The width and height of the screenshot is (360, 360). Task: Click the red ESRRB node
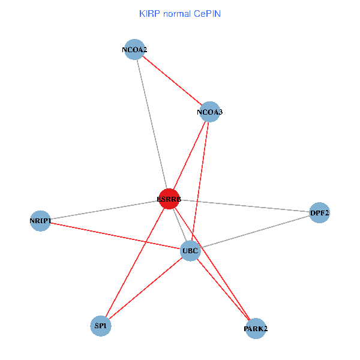[x=169, y=199]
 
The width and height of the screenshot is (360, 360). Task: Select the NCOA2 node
[x=134, y=50]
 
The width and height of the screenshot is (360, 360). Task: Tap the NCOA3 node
[x=209, y=112]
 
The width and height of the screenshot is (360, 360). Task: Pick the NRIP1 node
[x=40, y=221]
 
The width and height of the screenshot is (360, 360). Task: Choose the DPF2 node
[x=319, y=212]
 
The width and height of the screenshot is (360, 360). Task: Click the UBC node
[x=190, y=250]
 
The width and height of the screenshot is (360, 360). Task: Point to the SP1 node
[x=100, y=326]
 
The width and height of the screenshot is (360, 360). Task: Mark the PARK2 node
[x=256, y=328]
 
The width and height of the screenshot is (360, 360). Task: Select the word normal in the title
[x=178, y=13]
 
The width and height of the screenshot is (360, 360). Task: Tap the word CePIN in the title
[x=207, y=13]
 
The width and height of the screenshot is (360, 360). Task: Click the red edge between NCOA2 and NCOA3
[x=172, y=81]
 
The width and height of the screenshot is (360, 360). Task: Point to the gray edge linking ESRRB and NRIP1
[x=104, y=210]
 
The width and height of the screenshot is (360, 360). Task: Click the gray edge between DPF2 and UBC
[x=255, y=231]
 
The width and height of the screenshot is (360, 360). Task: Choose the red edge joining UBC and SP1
[x=145, y=288]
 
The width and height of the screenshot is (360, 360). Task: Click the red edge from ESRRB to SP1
[x=134, y=262]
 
